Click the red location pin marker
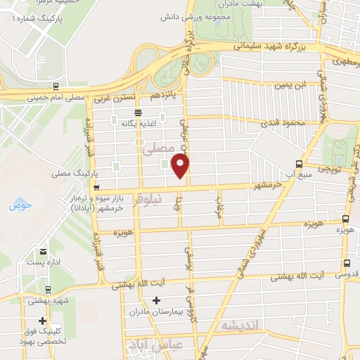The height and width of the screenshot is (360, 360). coord(181,166)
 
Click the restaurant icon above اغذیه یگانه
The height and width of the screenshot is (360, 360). coord(137,112)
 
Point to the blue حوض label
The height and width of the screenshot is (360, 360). coord(16,205)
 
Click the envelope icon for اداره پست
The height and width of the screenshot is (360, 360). coord(44,251)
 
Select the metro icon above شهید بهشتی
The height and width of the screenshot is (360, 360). coord(47,289)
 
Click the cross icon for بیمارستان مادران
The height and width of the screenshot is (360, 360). coord(155,300)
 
